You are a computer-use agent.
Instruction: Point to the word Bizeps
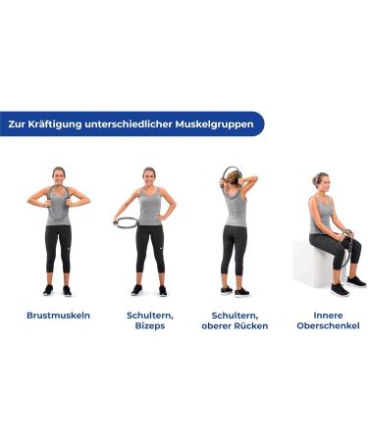pos(149,325)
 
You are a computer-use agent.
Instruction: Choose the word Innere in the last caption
pos(329,316)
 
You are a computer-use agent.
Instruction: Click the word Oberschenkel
pos(329,325)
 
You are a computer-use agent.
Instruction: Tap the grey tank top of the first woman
pos(59,208)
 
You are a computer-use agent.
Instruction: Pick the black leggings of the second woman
pos(149,250)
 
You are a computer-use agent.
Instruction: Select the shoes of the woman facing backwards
pos(235,290)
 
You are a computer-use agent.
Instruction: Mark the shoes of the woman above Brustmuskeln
pos(58,290)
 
